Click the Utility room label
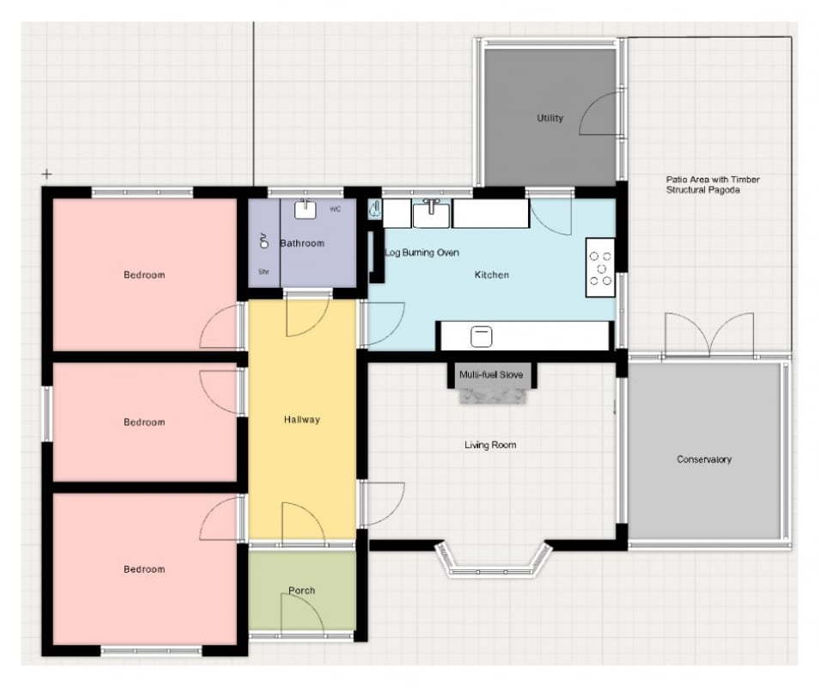[550, 118]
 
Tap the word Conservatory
[704, 459]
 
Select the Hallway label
[302, 420]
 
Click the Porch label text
[302, 590]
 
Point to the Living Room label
[490, 445]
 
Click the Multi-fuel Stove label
[491, 374]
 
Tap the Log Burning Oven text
[422, 252]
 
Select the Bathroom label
[302, 243]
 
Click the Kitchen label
[492, 275]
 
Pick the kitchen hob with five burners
[600, 268]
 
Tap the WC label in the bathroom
[336, 210]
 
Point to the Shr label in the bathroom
[264, 271]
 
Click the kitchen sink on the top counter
[431, 214]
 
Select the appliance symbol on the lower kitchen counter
[481, 337]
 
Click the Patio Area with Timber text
[713, 179]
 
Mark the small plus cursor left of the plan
[47, 174]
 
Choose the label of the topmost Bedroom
[144, 275]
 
